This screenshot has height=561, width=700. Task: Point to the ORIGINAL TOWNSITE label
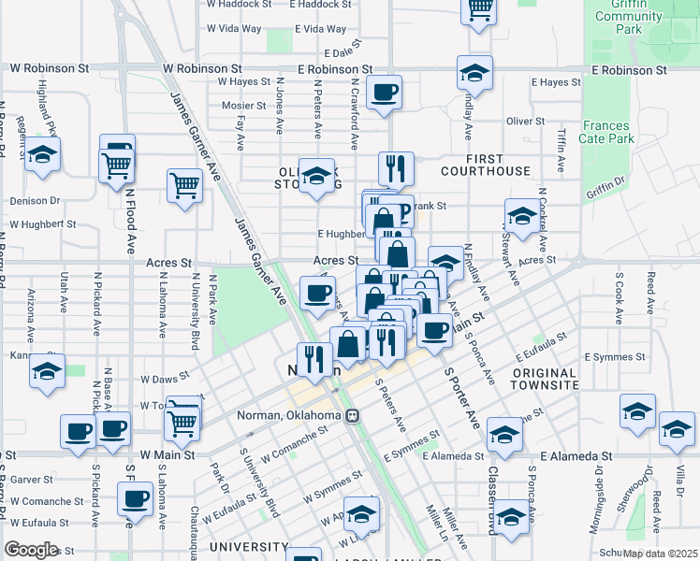(x=545, y=379)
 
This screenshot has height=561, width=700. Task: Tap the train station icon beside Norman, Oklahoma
(x=353, y=416)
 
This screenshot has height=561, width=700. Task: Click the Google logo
(x=31, y=549)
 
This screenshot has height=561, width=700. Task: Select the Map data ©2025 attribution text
(x=660, y=553)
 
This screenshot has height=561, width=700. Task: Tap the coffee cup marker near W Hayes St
(x=384, y=93)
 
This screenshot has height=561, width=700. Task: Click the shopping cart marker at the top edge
(x=479, y=9)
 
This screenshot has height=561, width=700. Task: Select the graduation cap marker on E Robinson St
(x=474, y=73)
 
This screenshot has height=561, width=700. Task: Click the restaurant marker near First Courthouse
(x=397, y=168)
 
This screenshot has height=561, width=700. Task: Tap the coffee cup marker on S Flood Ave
(x=135, y=498)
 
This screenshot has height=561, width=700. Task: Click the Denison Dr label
(x=35, y=201)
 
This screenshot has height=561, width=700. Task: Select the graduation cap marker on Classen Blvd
(x=511, y=516)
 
